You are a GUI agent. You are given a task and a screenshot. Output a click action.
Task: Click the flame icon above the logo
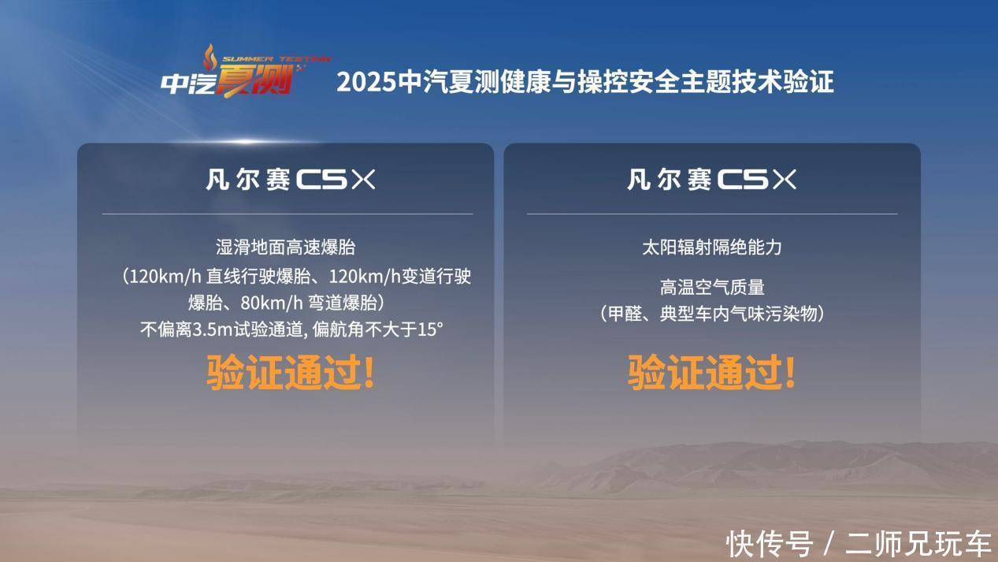click(x=210, y=57)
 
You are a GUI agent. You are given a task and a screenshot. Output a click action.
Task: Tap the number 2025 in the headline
click(x=366, y=82)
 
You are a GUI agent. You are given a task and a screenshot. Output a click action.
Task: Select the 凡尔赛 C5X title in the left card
click(x=291, y=180)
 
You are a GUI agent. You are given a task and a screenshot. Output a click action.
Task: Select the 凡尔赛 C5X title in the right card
click(x=711, y=180)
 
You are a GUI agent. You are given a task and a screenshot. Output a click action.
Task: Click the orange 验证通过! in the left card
click(x=291, y=372)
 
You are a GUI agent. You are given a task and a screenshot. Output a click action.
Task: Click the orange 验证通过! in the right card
click(x=711, y=372)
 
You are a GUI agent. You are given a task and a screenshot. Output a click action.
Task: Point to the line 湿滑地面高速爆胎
click(x=286, y=248)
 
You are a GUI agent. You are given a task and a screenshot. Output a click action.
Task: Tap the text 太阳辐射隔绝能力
click(x=712, y=248)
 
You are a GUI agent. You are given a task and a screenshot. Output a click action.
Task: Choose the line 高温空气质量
click(x=712, y=288)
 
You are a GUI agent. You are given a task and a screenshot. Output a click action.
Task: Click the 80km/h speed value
click(x=272, y=303)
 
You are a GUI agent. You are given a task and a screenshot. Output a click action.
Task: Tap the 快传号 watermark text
click(x=770, y=544)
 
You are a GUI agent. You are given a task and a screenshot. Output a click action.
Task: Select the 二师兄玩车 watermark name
click(x=918, y=544)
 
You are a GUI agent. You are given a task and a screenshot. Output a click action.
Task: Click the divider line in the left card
click(x=288, y=214)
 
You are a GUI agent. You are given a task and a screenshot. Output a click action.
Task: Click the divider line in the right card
click(x=712, y=214)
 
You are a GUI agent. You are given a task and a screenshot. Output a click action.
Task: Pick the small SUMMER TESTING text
click(x=276, y=59)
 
